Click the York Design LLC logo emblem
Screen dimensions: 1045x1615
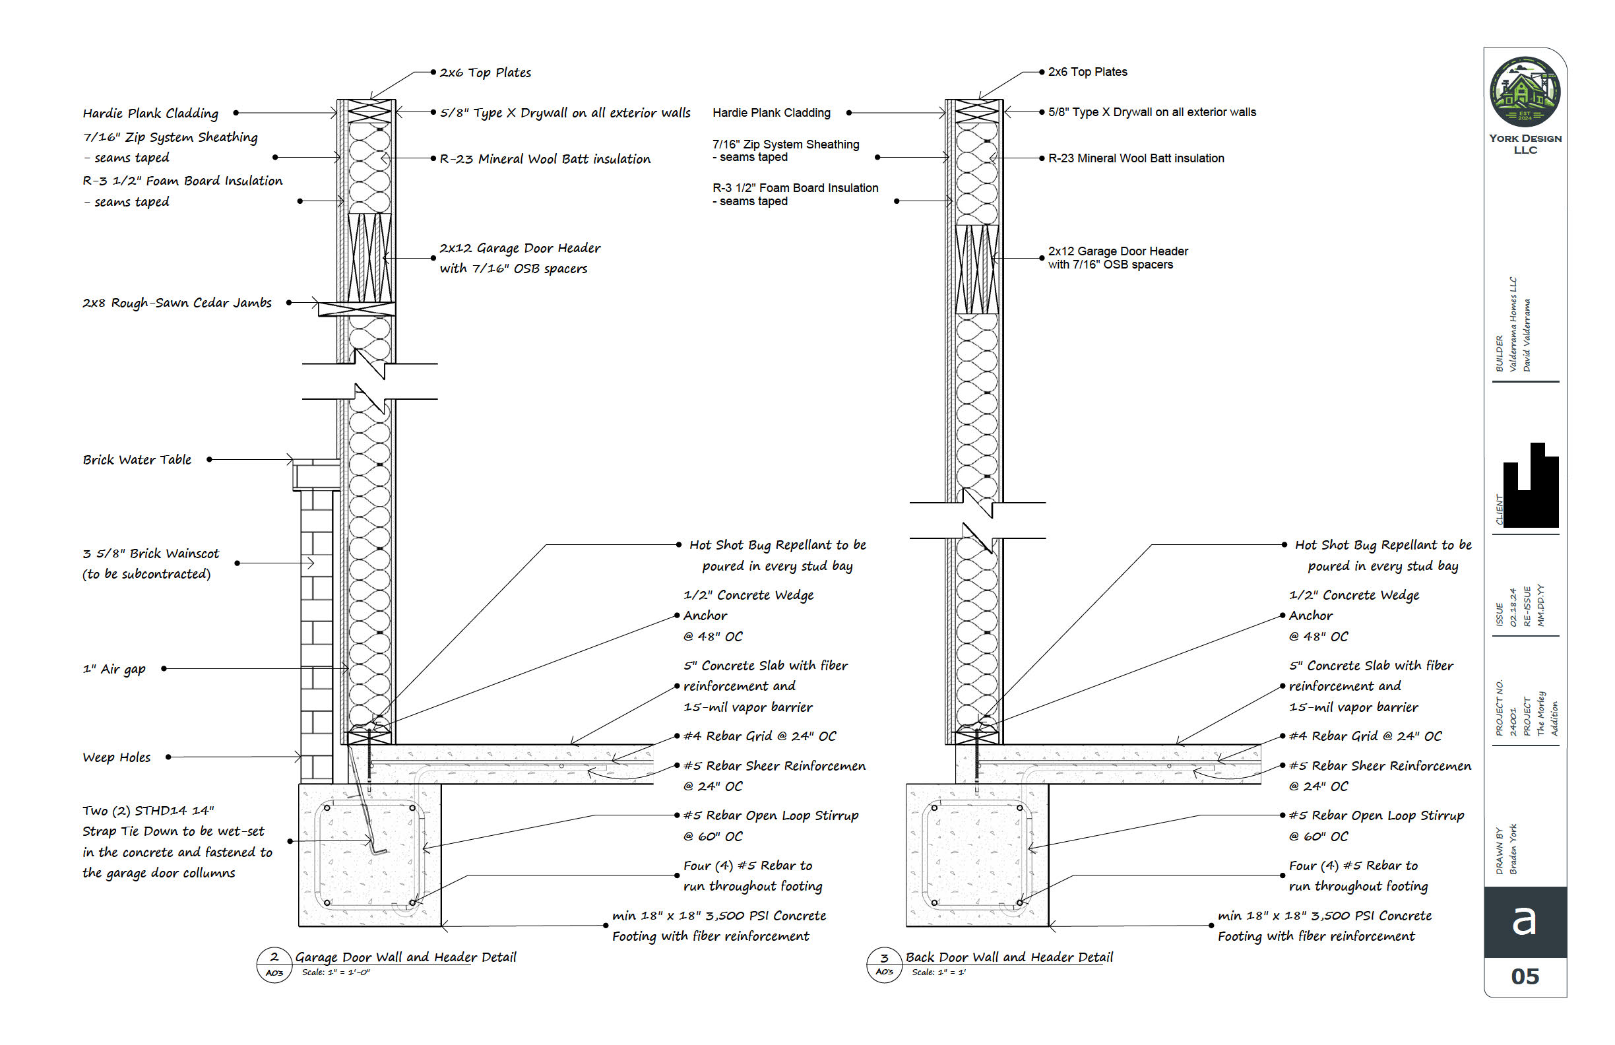[1524, 92]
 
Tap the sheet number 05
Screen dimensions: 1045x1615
[1525, 976]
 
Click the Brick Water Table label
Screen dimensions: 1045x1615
[137, 460]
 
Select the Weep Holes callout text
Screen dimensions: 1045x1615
[117, 757]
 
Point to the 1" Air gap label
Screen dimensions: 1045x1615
[114, 669]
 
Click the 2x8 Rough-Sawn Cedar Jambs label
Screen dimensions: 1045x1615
[177, 303]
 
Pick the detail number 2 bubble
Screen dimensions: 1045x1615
[274, 965]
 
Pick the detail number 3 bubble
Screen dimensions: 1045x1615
[884, 965]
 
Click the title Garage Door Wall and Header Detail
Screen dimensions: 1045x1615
[406, 957]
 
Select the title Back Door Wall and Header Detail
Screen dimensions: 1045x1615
[1009, 957]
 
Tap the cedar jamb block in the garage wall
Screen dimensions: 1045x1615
[357, 309]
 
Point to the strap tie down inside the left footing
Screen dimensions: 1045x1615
[369, 825]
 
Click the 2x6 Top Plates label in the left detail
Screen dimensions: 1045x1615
[485, 73]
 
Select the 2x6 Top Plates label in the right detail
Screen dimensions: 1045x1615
[1087, 72]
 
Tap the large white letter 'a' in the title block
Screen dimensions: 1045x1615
[1524, 921]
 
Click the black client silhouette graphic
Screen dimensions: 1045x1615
[1530, 486]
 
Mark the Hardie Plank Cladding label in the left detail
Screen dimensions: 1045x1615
[150, 113]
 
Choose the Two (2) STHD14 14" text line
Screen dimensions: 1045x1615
[148, 811]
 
